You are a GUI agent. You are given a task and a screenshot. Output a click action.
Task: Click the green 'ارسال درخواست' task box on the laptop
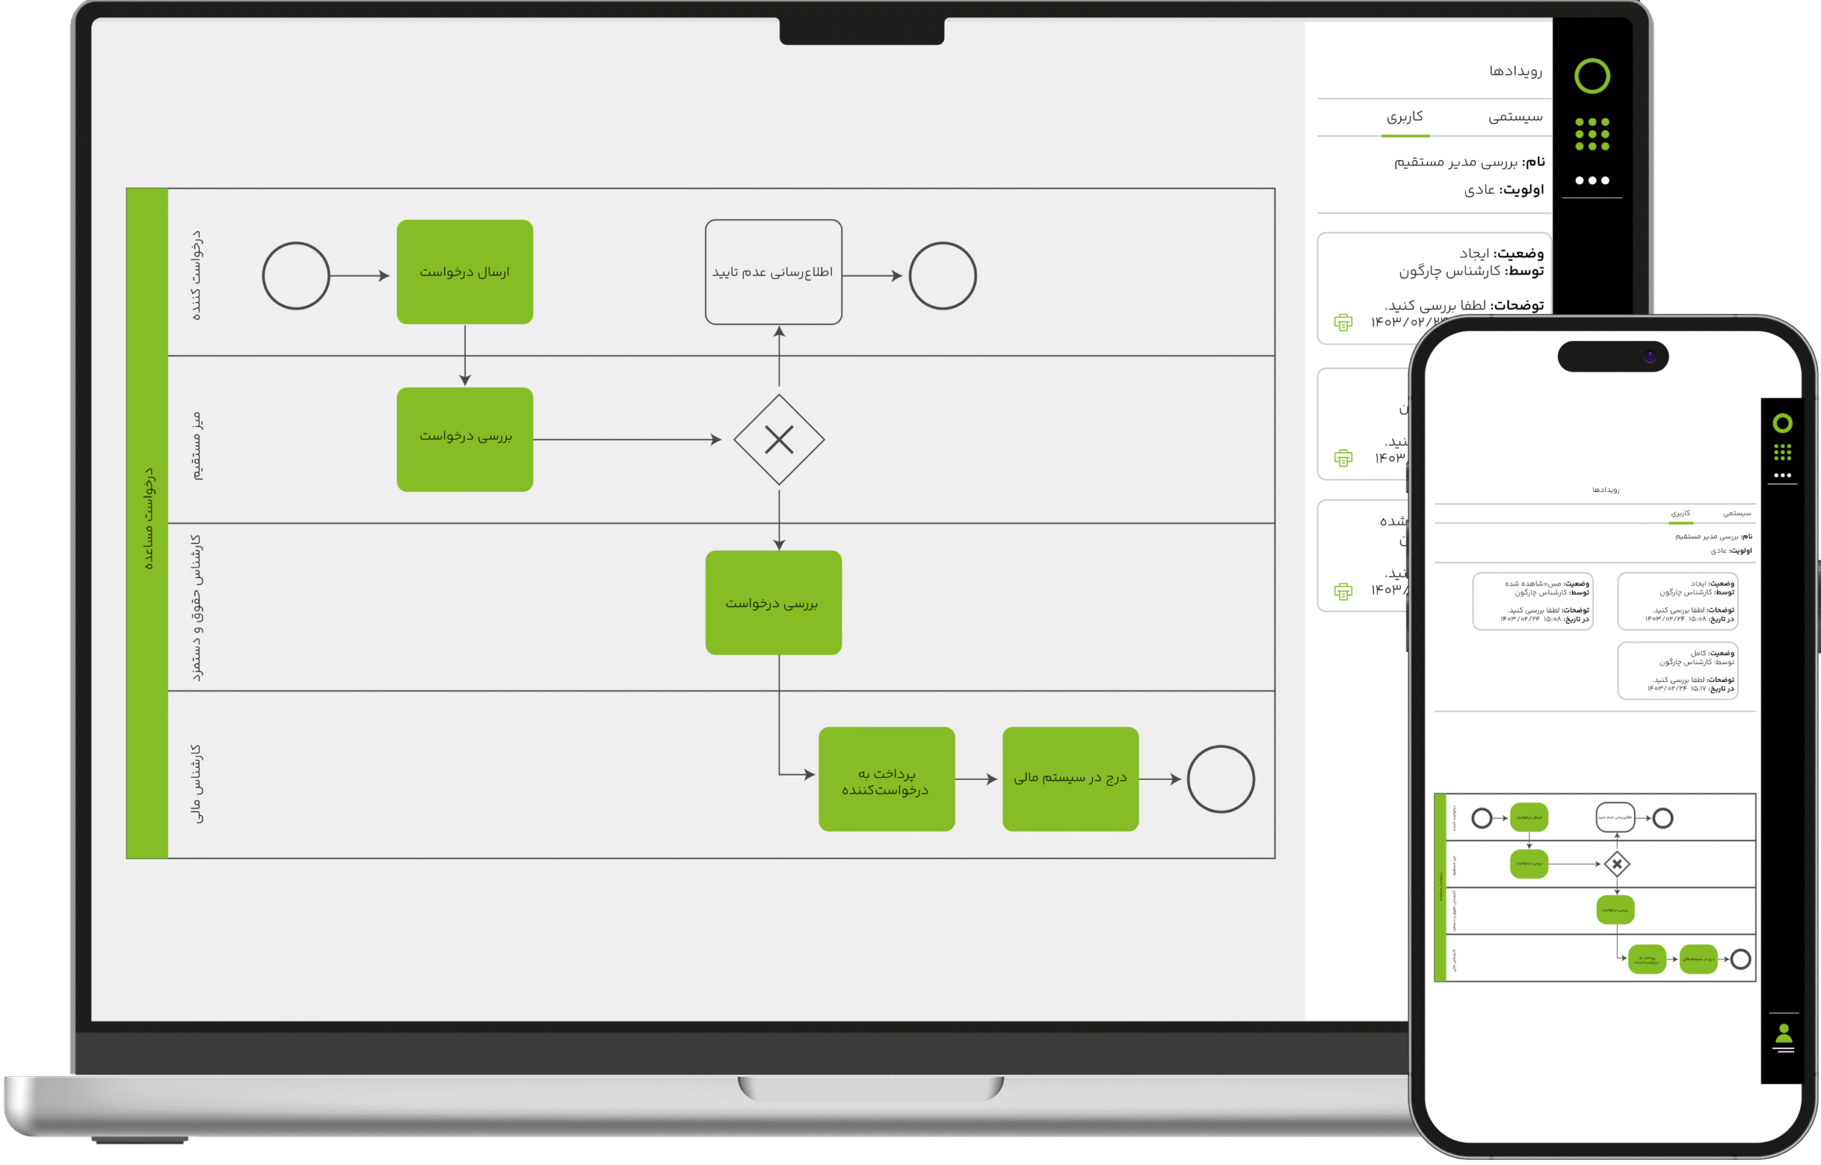pyautogui.click(x=464, y=272)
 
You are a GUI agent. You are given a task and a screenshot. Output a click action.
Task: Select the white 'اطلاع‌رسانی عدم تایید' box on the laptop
pyautogui.click(x=773, y=272)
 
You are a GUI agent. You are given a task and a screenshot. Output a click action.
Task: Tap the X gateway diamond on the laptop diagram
pyautogui.click(x=779, y=440)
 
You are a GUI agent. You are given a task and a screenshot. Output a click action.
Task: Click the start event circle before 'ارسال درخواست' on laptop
pyautogui.click(x=296, y=275)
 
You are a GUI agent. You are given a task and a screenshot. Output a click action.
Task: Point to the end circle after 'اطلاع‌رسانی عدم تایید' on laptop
pyautogui.click(x=943, y=275)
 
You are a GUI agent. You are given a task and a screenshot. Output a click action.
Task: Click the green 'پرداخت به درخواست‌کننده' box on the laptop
pyautogui.click(x=886, y=779)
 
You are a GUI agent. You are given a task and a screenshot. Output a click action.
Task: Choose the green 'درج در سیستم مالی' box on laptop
pyautogui.click(x=1070, y=779)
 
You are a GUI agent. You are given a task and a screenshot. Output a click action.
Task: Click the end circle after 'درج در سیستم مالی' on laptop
pyautogui.click(x=1221, y=779)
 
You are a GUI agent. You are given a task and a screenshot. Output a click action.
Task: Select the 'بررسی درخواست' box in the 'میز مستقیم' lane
pyautogui.click(x=464, y=440)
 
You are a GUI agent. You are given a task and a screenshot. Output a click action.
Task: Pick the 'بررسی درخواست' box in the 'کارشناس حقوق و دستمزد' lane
pyautogui.click(x=773, y=603)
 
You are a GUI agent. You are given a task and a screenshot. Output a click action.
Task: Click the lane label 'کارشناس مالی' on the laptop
pyautogui.click(x=195, y=783)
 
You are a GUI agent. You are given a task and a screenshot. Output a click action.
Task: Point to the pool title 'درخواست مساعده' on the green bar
pyautogui.click(x=148, y=519)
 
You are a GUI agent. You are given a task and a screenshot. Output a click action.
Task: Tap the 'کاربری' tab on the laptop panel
pyautogui.click(x=1405, y=117)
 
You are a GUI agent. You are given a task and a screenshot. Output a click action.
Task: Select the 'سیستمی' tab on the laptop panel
pyautogui.click(x=1515, y=117)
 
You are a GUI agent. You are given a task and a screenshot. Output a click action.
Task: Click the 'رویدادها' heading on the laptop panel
pyautogui.click(x=1515, y=71)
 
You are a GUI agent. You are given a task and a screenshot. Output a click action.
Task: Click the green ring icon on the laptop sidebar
pyautogui.click(x=1592, y=75)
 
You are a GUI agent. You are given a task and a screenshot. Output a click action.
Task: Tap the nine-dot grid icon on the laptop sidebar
pyautogui.click(x=1592, y=134)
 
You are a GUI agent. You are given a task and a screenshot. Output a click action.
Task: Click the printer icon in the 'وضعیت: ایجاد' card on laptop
pyautogui.click(x=1343, y=322)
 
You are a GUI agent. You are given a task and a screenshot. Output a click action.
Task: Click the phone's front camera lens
pyautogui.click(x=1650, y=357)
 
